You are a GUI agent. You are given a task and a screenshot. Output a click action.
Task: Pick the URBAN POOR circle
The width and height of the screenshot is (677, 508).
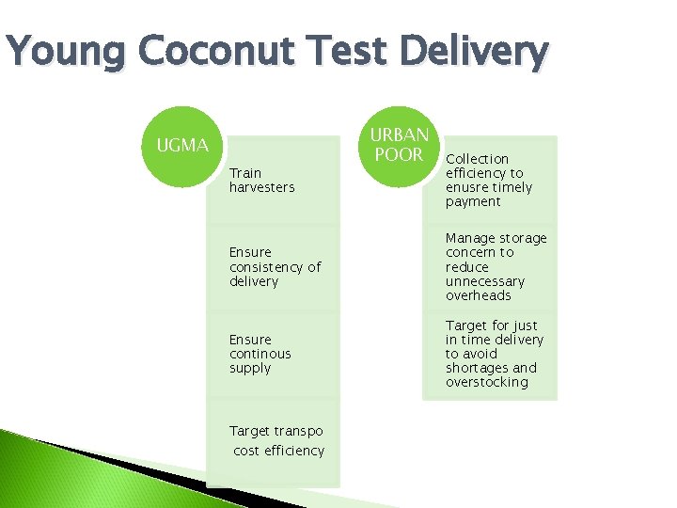click(400, 145)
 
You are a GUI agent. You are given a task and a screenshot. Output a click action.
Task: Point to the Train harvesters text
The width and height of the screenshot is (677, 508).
click(261, 180)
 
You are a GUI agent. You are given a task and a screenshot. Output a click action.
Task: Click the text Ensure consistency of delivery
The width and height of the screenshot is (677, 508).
click(275, 267)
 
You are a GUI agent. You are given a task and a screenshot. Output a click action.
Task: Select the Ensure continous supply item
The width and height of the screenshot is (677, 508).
click(260, 354)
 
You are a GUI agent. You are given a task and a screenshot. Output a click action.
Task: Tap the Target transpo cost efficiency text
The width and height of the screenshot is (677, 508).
click(277, 440)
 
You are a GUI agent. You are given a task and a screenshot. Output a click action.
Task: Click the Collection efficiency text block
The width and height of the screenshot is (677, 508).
click(489, 180)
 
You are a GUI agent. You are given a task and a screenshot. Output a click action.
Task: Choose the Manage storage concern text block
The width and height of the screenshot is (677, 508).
click(496, 267)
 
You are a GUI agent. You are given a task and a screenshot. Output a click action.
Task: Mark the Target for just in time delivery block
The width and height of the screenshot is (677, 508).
click(495, 354)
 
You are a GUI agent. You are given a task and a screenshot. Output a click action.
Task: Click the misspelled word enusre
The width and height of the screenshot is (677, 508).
click(466, 187)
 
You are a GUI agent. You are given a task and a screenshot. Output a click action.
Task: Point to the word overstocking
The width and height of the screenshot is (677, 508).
click(487, 382)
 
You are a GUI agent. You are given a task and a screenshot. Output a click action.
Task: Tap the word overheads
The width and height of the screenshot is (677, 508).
click(479, 295)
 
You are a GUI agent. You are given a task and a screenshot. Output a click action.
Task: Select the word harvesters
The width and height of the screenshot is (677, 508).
click(261, 187)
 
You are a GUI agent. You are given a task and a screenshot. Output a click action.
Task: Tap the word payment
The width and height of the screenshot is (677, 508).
click(473, 201)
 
